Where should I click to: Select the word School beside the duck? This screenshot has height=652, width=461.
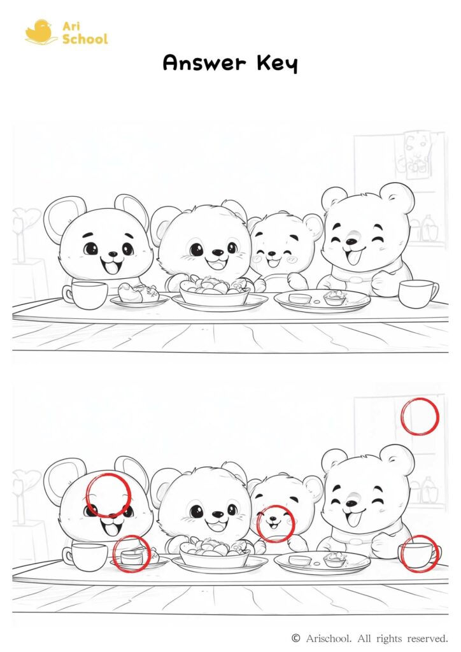click(x=85, y=39)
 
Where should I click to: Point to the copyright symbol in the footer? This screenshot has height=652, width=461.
click(x=295, y=637)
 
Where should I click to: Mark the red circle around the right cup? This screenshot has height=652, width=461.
click(x=418, y=553)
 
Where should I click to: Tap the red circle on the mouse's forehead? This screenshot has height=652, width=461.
click(x=108, y=495)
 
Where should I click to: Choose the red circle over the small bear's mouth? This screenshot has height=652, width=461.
click(x=275, y=523)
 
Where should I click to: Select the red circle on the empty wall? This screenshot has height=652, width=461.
click(x=420, y=416)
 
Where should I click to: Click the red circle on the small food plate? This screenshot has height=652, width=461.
click(x=132, y=553)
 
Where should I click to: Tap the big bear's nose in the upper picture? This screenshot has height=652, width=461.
click(x=351, y=241)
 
